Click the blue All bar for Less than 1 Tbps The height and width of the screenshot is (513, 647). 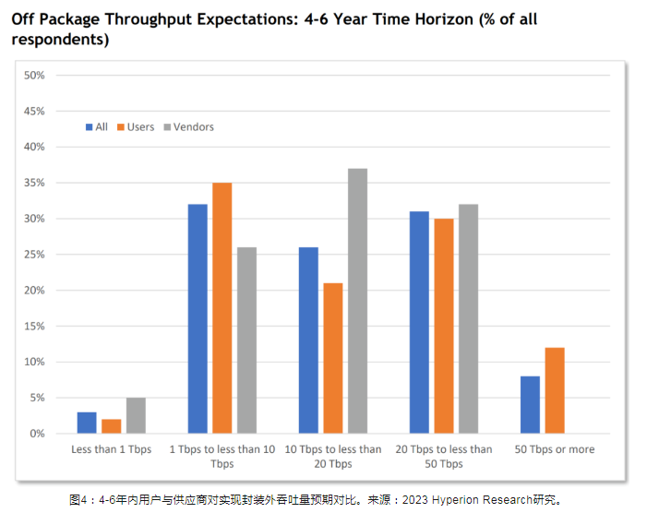(x=87, y=423)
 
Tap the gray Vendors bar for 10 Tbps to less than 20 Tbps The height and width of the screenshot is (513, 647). (x=357, y=301)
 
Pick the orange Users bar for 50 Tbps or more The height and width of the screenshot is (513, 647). (x=554, y=390)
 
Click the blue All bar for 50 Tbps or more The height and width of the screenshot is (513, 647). (x=530, y=405)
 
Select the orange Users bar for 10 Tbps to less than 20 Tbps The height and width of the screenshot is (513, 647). (x=333, y=358)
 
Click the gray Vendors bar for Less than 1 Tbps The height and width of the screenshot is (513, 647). (x=136, y=415)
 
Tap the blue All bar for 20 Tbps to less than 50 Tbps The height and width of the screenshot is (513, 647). (x=419, y=322)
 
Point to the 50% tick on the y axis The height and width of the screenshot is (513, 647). (x=34, y=75)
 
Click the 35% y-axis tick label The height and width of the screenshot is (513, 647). (x=34, y=183)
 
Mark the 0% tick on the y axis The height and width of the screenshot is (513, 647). (x=37, y=434)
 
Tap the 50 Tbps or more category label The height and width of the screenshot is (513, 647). (x=554, y=449)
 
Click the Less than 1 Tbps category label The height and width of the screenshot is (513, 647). (x=111, y=449)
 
